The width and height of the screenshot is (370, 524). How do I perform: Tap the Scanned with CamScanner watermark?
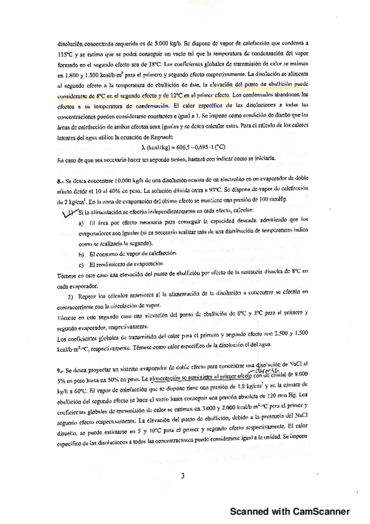290,512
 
